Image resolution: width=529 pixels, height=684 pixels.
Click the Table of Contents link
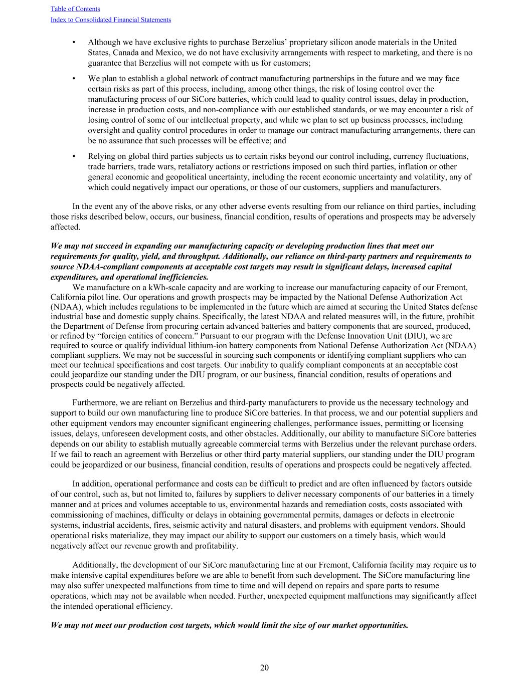75,9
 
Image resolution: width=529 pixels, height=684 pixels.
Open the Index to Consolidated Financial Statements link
110,20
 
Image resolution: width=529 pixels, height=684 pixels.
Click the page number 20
264,667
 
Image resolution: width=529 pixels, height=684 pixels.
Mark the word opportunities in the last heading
381,625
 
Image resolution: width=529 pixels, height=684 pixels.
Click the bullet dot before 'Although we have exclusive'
74,43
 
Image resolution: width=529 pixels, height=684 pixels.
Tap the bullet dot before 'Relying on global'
74,156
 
